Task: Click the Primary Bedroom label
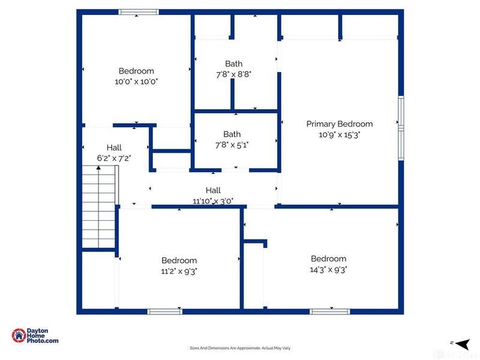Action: point(339,124)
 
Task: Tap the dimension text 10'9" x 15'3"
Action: point(339,134)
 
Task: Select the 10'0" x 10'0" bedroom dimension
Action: point(136,81)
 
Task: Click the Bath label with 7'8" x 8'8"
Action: point(233,64)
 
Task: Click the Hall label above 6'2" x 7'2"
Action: point(114,148)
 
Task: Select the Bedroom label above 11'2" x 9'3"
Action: point(179,260)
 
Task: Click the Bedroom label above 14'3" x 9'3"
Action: point(328,259)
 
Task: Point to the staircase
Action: point(98,207)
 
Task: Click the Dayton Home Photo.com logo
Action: point(36,335)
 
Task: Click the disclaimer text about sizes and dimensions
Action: point(240,348)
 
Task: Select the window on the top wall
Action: point(138,11)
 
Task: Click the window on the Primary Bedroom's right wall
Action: point(401,119)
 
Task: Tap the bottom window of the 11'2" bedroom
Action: point(164,311)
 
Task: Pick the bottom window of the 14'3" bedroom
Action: point(329,311)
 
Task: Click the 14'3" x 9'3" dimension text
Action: point(328,269)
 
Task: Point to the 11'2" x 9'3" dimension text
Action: point(179,271)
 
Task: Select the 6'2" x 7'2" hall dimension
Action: point(114,158)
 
